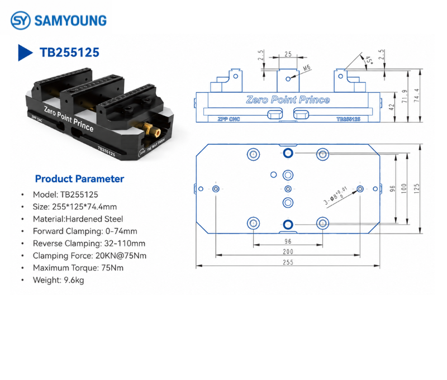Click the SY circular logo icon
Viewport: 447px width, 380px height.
tap(20, 20)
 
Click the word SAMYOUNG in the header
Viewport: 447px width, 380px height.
tap(70, 21)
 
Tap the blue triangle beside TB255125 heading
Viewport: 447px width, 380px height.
tap(25, 53)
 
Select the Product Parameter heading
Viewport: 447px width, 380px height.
tap(79, 179)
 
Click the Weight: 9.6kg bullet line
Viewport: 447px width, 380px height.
tap(59, 280)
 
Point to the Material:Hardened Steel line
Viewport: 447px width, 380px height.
tap(78, 219)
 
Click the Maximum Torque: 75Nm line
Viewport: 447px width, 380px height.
tap(78, 268)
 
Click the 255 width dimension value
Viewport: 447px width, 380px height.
tap(288, 262)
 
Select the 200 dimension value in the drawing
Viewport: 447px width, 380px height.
tap(288, 251)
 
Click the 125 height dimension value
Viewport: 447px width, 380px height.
tap(416, 189)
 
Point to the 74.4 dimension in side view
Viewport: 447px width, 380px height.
tap(416, 95)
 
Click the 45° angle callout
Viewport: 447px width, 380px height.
tap(369, 60)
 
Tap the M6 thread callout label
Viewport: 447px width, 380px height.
tap(306, 68)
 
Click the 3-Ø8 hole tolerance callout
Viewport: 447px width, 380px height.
tap(336, 196)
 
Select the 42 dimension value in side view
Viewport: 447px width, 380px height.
tap(392, 107)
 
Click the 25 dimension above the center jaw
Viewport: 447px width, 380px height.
tap(288, 54)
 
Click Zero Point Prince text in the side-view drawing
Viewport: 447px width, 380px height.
tap(288, 99)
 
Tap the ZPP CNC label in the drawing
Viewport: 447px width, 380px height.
tap(229, 119)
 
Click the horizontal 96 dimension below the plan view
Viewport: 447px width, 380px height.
tap(288, 241)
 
